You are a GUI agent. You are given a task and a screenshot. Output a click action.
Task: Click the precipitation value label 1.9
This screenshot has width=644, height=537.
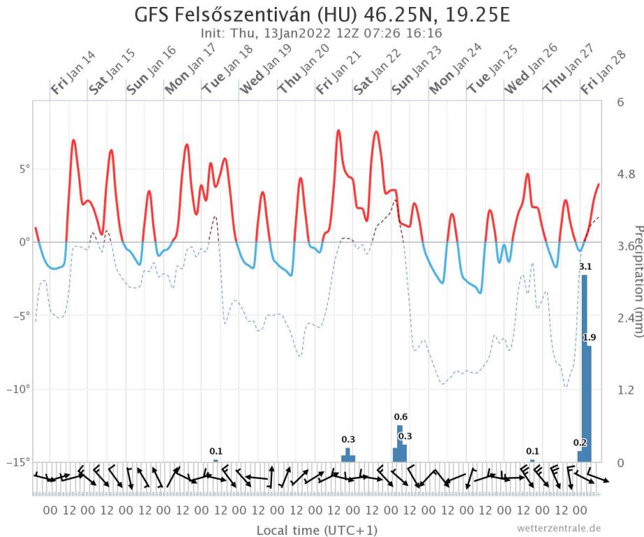(x=589, y=338)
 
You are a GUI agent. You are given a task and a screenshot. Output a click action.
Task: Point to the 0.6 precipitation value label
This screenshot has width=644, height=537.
(x=401, y=417)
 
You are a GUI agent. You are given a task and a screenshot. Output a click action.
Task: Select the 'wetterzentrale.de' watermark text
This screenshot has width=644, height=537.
(x=559, y=528)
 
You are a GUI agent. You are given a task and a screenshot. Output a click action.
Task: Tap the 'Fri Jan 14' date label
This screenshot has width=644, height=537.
(x=73, y=73)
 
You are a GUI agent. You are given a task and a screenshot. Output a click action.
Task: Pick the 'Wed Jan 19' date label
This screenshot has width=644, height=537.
(x=263, y=73)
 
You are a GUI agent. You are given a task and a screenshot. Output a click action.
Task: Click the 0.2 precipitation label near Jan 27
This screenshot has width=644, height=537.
(x=580, y=443)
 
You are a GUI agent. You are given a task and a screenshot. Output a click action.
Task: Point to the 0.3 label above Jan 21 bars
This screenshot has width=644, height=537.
(x=348, y=439)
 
